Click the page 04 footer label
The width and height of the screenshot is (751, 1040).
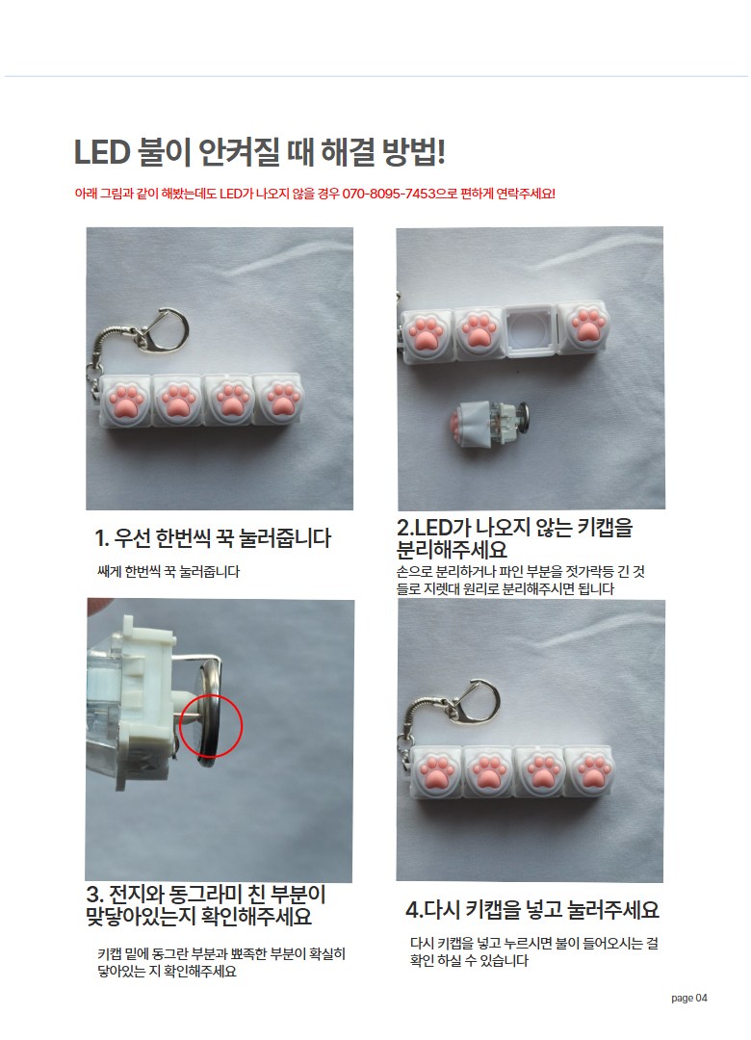point(689,998)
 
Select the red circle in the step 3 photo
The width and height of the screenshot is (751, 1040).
point(211,726)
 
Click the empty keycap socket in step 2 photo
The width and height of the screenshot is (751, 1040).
point(529,329)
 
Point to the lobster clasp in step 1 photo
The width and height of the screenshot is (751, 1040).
point(164,329)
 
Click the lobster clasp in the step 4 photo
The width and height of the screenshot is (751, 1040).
point(474,701)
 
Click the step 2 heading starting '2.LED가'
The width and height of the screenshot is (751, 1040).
point(515,538)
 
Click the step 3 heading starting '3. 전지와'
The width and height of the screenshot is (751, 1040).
point(206,904)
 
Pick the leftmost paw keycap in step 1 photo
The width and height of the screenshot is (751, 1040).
point(125,400)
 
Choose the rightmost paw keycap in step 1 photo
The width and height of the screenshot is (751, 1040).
point(278,400)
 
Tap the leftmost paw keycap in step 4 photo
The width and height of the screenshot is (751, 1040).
point(436,772)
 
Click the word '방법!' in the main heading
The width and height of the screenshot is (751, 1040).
point(413,152)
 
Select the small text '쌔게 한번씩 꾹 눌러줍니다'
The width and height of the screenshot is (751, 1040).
point(168,571)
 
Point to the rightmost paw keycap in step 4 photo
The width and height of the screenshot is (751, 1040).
point(590,771)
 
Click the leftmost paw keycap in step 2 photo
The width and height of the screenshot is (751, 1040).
point(427,335)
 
